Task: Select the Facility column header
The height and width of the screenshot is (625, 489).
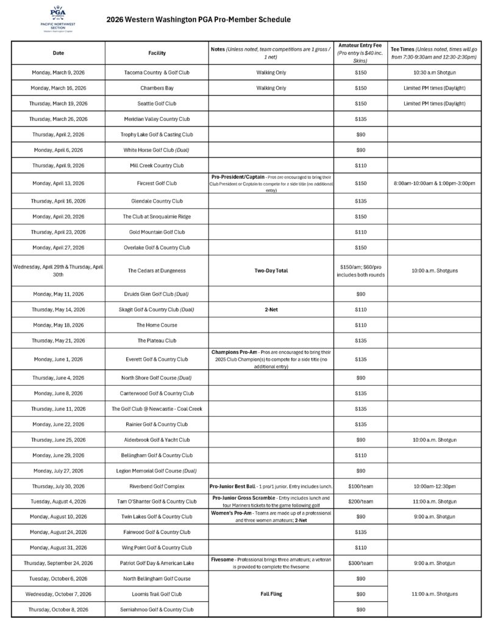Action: pos(157,53)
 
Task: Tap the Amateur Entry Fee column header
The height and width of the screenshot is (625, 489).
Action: pos(360,53)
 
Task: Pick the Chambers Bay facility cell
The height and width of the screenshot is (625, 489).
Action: pos(157,88)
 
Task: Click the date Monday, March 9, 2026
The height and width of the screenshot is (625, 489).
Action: pos(59,73)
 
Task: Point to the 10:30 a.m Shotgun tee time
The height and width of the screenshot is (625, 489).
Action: pos(435,73)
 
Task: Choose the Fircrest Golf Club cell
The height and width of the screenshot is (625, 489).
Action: pos(157,183)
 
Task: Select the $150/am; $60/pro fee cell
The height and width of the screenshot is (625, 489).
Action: pos(360,270)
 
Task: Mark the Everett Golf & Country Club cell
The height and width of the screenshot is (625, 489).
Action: pos(157,359)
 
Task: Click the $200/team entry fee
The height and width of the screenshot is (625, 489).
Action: pos(360,502)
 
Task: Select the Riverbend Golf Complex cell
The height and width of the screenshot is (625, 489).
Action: pos(157,486)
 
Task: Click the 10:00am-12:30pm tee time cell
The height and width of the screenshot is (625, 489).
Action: pos(435,486)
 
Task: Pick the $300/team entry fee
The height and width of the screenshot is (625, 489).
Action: pos(360,563)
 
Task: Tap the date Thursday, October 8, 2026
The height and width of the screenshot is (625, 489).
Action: pos(59,609)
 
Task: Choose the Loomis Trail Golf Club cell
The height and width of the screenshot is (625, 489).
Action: pos(157,594)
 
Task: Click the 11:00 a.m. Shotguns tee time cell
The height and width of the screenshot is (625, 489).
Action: pos(435,593)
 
